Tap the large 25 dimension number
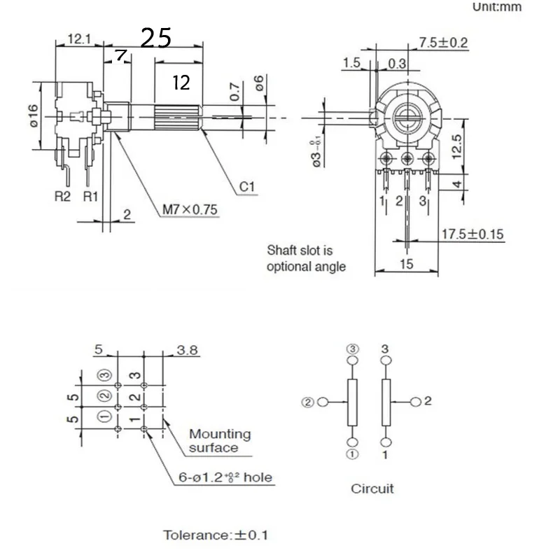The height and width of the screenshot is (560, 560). point(156,38)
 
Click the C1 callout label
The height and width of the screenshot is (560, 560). point(247,187)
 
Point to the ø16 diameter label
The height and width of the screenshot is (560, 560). point(31,116)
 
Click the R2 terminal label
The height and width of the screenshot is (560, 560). point(63,196)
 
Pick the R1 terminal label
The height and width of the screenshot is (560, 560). point(91,196)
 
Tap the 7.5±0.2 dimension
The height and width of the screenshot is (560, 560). point(443,43)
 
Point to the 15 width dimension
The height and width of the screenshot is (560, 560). point(407,264)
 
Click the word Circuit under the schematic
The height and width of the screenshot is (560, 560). point(372,488)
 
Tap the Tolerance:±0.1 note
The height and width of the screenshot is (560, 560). point(216,535)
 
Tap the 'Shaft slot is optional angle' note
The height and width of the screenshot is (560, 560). point(306,258)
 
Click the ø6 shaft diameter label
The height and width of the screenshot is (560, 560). point(260,85)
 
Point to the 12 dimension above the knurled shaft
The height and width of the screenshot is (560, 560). point(181,83)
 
